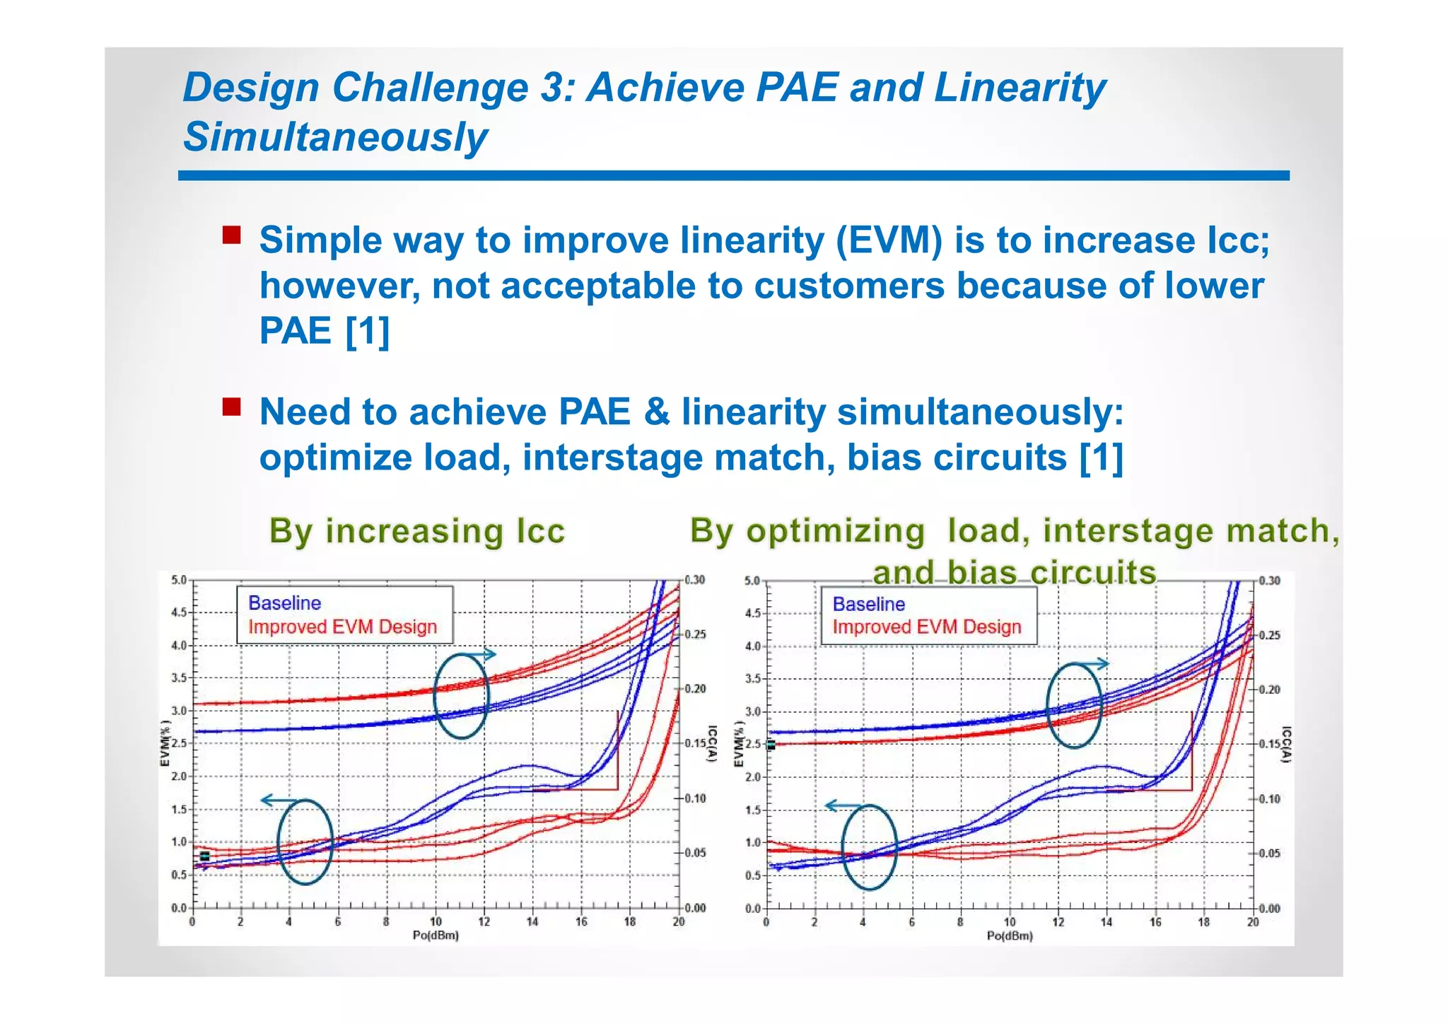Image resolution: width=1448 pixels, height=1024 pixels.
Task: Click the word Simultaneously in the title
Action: (335, 137)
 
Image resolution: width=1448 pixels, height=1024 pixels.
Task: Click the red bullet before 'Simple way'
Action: (231, 235)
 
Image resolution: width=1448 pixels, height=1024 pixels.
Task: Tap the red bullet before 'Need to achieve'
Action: (231, 407)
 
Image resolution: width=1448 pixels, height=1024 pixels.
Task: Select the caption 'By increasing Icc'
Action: (417, 530)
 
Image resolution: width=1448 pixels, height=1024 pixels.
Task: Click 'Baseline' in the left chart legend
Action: (284, 603)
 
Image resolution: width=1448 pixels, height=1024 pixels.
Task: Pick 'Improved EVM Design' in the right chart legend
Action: (926, 627)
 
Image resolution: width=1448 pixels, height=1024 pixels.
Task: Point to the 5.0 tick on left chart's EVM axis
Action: (179, 580)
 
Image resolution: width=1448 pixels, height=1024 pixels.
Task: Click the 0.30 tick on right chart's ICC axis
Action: (1269, 581)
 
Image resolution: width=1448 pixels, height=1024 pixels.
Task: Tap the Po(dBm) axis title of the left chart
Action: (436, 936)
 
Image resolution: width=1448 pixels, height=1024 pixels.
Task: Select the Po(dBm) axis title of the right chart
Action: (1010, 936)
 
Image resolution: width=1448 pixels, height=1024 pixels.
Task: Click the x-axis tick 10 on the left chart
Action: (436, 921)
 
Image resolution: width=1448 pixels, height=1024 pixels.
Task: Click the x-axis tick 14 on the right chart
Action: (1106, 922)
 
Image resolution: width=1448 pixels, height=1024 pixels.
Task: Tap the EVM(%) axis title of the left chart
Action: (165, 743)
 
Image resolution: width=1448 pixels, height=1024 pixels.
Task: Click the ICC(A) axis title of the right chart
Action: (1287, 745)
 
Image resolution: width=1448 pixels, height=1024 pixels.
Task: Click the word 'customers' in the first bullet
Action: (848, 286)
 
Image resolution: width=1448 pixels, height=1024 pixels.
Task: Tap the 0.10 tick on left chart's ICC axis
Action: (695, 798)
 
